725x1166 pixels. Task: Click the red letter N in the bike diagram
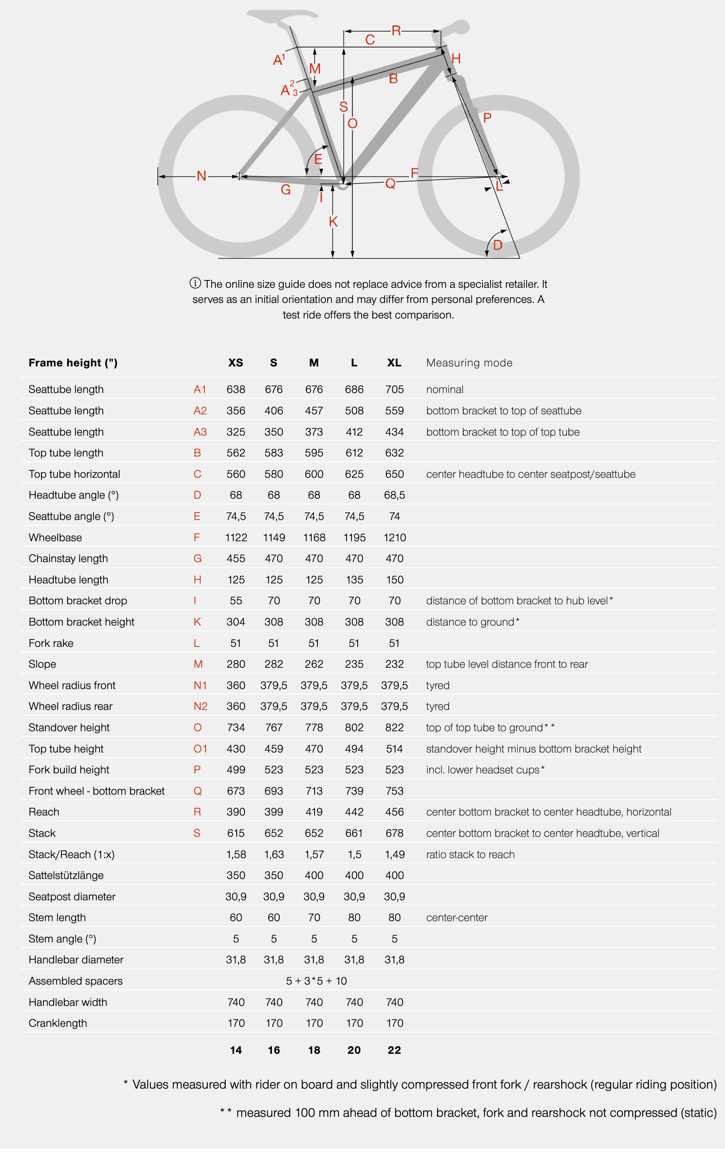coord(202,176)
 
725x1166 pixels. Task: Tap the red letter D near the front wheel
coord(498,245)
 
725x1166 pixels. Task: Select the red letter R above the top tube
coord(396,31)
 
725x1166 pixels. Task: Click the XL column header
coord(394,363)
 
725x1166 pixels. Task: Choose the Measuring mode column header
coord(469,363)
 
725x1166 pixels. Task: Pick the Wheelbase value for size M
coord(314,538)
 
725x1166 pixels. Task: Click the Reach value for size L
coord(354,812)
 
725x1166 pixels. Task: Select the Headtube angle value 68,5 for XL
coord(394,495)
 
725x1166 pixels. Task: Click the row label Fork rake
coord(51,643)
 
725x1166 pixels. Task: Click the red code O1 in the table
coord(200,748)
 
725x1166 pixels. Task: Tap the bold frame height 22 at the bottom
coord(394,1050)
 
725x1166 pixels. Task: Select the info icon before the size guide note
coord(195,283)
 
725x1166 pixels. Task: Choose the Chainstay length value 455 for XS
coord(236,558)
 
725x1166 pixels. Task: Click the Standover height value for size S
coord(274,728)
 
